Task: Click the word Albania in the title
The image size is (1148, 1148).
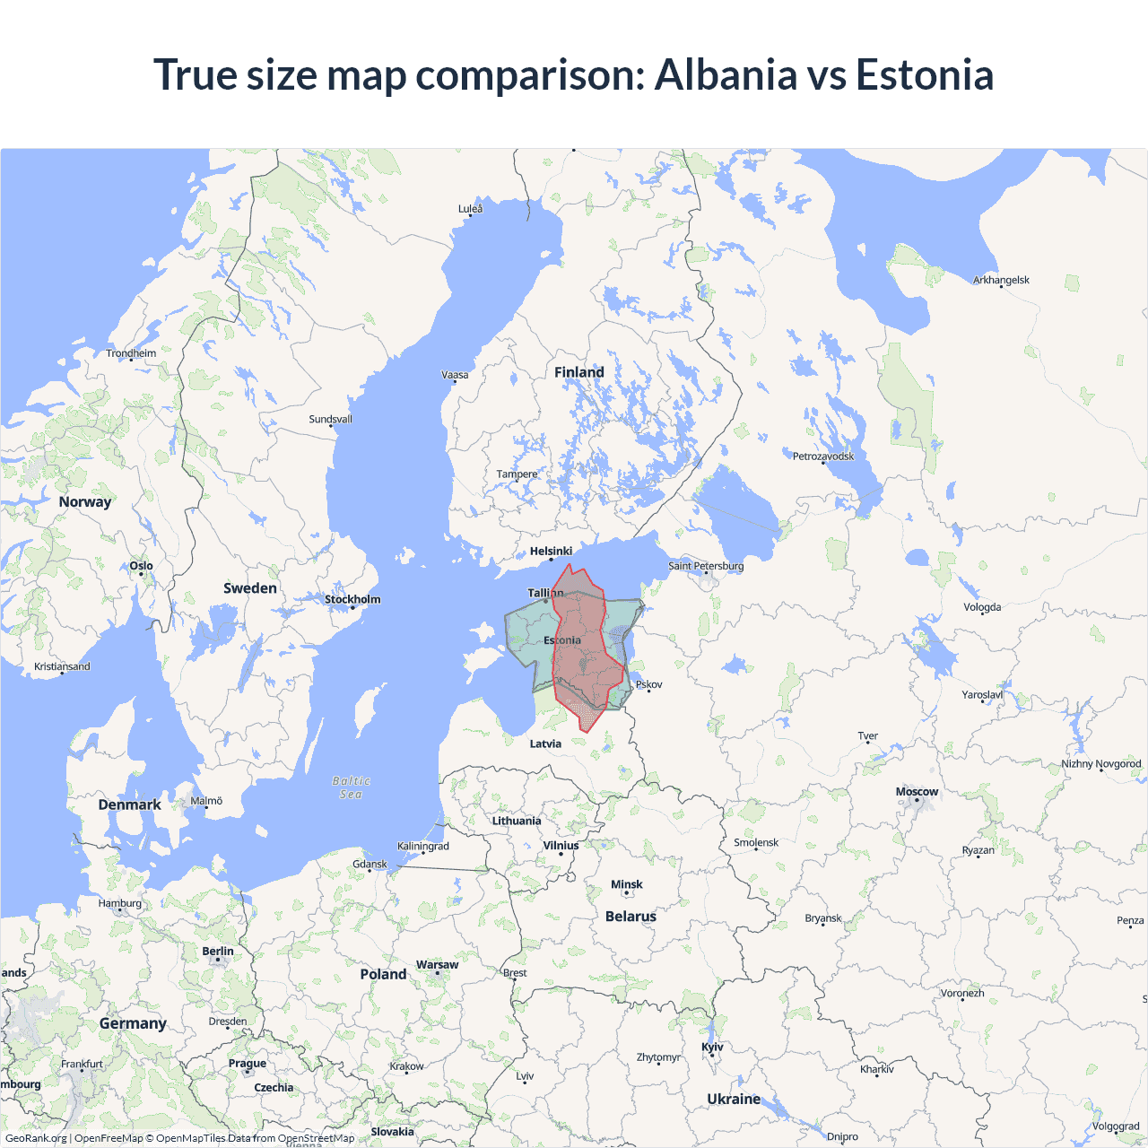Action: (725, 74)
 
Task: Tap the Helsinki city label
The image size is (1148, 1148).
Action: (551, 552)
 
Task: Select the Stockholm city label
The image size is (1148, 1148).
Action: (352, 599)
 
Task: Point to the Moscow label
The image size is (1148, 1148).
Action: (917, 792)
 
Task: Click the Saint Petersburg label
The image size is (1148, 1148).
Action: (706, 566)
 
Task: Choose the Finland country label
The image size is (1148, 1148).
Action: (579, 372)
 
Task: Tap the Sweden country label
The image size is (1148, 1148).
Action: (250, 588)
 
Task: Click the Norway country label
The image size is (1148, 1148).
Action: (85, 502)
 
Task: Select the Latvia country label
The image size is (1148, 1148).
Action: (545, 744)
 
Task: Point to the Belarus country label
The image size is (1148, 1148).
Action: (631, 917)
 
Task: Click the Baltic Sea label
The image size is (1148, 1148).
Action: (351, 787)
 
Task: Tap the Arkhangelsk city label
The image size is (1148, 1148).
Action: (1001, 281)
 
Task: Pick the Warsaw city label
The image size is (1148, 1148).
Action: (437, 965)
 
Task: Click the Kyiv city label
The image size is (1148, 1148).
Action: (712, 1048)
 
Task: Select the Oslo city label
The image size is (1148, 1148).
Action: (141, 566)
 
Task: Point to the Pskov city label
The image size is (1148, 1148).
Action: (648, 684)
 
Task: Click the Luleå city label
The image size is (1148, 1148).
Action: (470, 209)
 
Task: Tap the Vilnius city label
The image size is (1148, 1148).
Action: (561, 846)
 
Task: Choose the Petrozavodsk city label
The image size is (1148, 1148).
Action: (823, 457)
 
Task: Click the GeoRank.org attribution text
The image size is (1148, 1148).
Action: (36, 1138)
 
